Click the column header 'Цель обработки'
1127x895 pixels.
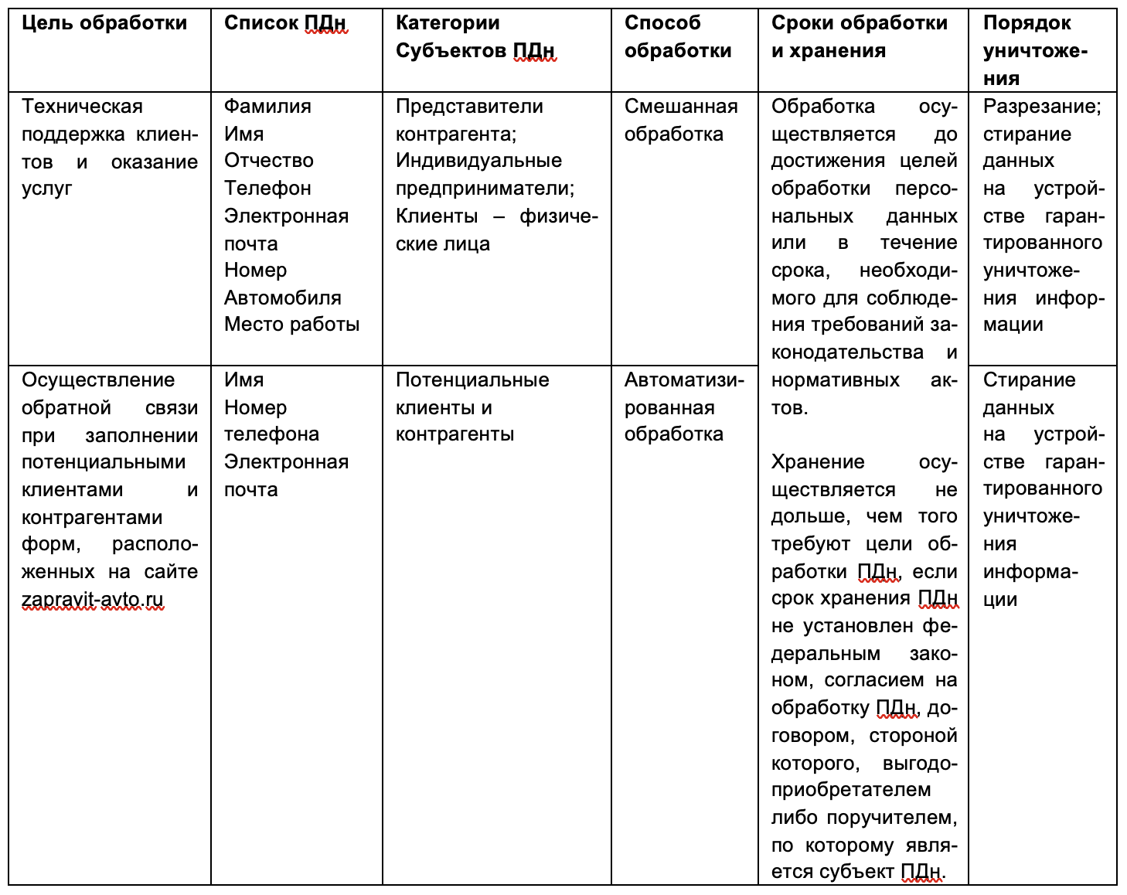tap(104, 23)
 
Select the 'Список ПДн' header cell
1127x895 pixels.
tap(284, 23)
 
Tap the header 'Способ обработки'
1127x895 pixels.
tap(677, 37)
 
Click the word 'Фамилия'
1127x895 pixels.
tap(267, 107)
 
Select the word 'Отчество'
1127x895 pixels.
tap(268, 161)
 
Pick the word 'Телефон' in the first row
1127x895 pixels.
tap(267, 189)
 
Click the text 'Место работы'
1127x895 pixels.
tap(291, 325)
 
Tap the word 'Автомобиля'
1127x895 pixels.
tap(282, 298)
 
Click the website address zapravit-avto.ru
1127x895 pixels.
tap(93, 600)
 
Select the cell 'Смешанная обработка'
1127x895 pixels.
tap(680, 120)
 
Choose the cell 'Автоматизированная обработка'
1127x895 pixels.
tap(683, 407)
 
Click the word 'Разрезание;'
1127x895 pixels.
tap(1042, 107)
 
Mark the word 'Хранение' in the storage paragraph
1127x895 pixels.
tap(818, 462)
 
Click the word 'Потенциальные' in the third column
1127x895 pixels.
tap(472, 380)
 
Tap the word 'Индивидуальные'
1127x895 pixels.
tap(478, 161)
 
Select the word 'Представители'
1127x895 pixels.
tap(469, 107)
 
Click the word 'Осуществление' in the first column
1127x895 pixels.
tap(98, 380)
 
